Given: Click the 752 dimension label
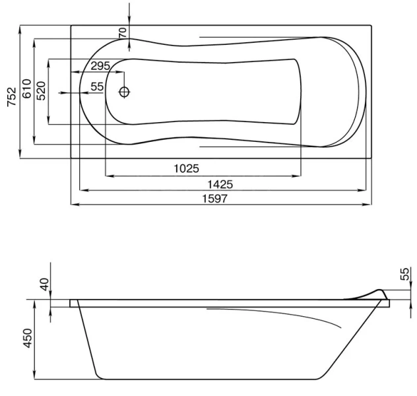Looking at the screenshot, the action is pyautogui.click(x=12, y=97).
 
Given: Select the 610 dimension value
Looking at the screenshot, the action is pyautogui.click(x=26, y=88).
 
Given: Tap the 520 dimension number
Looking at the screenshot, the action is pyautogui.click(x=41, y=90).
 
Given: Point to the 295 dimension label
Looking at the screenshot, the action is pyautogui.click(x=100, y=66).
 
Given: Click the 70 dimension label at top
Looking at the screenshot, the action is pyautogui.click(x=123, y=33).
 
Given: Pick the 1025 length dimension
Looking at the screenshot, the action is pyautogui.click(x=187, y=168).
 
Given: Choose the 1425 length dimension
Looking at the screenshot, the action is pyautogui.click(x=220, y=184).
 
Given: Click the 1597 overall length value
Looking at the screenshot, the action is pyautogui.click(x=215, y=199).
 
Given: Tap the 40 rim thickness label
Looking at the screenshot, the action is pyautogui.click(x=45, y=284).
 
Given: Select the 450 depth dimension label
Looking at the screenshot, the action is pyautogui.click(x=28, y=338).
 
